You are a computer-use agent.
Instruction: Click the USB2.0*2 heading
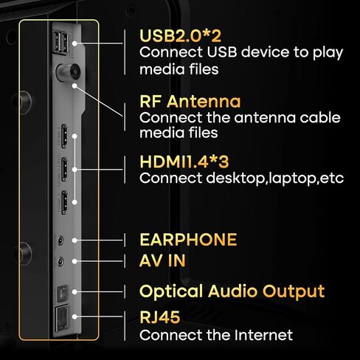(x=180, y=36)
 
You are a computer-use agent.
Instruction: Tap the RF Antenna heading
(x=190, y=101)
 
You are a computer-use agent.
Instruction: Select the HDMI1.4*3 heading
(x=184, y=162)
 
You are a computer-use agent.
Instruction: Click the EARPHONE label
(x=188, y=240)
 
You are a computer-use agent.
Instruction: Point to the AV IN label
(x=162, y=260)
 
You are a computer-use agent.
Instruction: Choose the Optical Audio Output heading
(x=232, y=291)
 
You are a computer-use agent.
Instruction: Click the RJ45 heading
(x=160, y=317)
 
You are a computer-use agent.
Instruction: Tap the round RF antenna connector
(x=69, y=72)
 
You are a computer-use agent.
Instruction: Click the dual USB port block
(x=60, y=42)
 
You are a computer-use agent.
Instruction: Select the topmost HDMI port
(x=64, y=136)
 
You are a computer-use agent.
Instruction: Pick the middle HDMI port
(x=64, y=170)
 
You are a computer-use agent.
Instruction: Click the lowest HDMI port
(x=64, y=203)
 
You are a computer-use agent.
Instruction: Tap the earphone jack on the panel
(x=60, y=240)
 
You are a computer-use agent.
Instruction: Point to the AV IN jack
(x=60, y=262)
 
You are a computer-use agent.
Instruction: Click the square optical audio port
(x=63, y=294)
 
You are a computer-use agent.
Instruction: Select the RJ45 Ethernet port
(x=62, y=317)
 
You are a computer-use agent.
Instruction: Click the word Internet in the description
(x=263, y=335)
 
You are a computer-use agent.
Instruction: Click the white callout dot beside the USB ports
(x=75, y=44)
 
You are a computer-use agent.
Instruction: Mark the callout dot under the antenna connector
(x=75, y=86)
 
